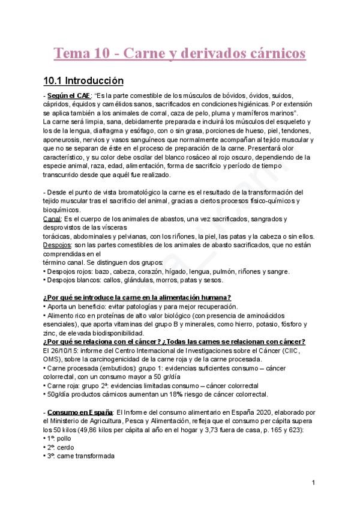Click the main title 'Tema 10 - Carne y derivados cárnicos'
(180, 53)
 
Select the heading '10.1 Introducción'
(83, 81)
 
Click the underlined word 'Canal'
(52, 219)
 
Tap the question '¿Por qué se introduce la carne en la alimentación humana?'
(137, 298)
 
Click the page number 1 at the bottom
(313, 483)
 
